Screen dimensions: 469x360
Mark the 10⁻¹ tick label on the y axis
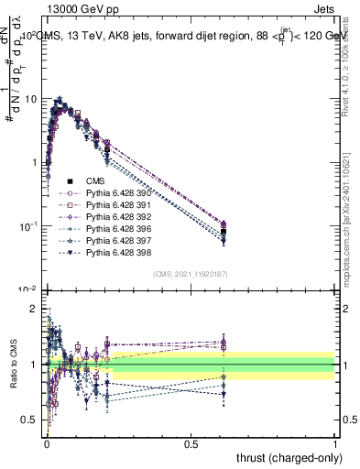(x=28, y=225)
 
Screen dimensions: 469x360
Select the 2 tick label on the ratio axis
(x=35, y=309)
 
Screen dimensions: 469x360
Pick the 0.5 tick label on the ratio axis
(x=31, y=420)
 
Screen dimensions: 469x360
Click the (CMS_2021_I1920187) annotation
(x=191, y=274)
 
